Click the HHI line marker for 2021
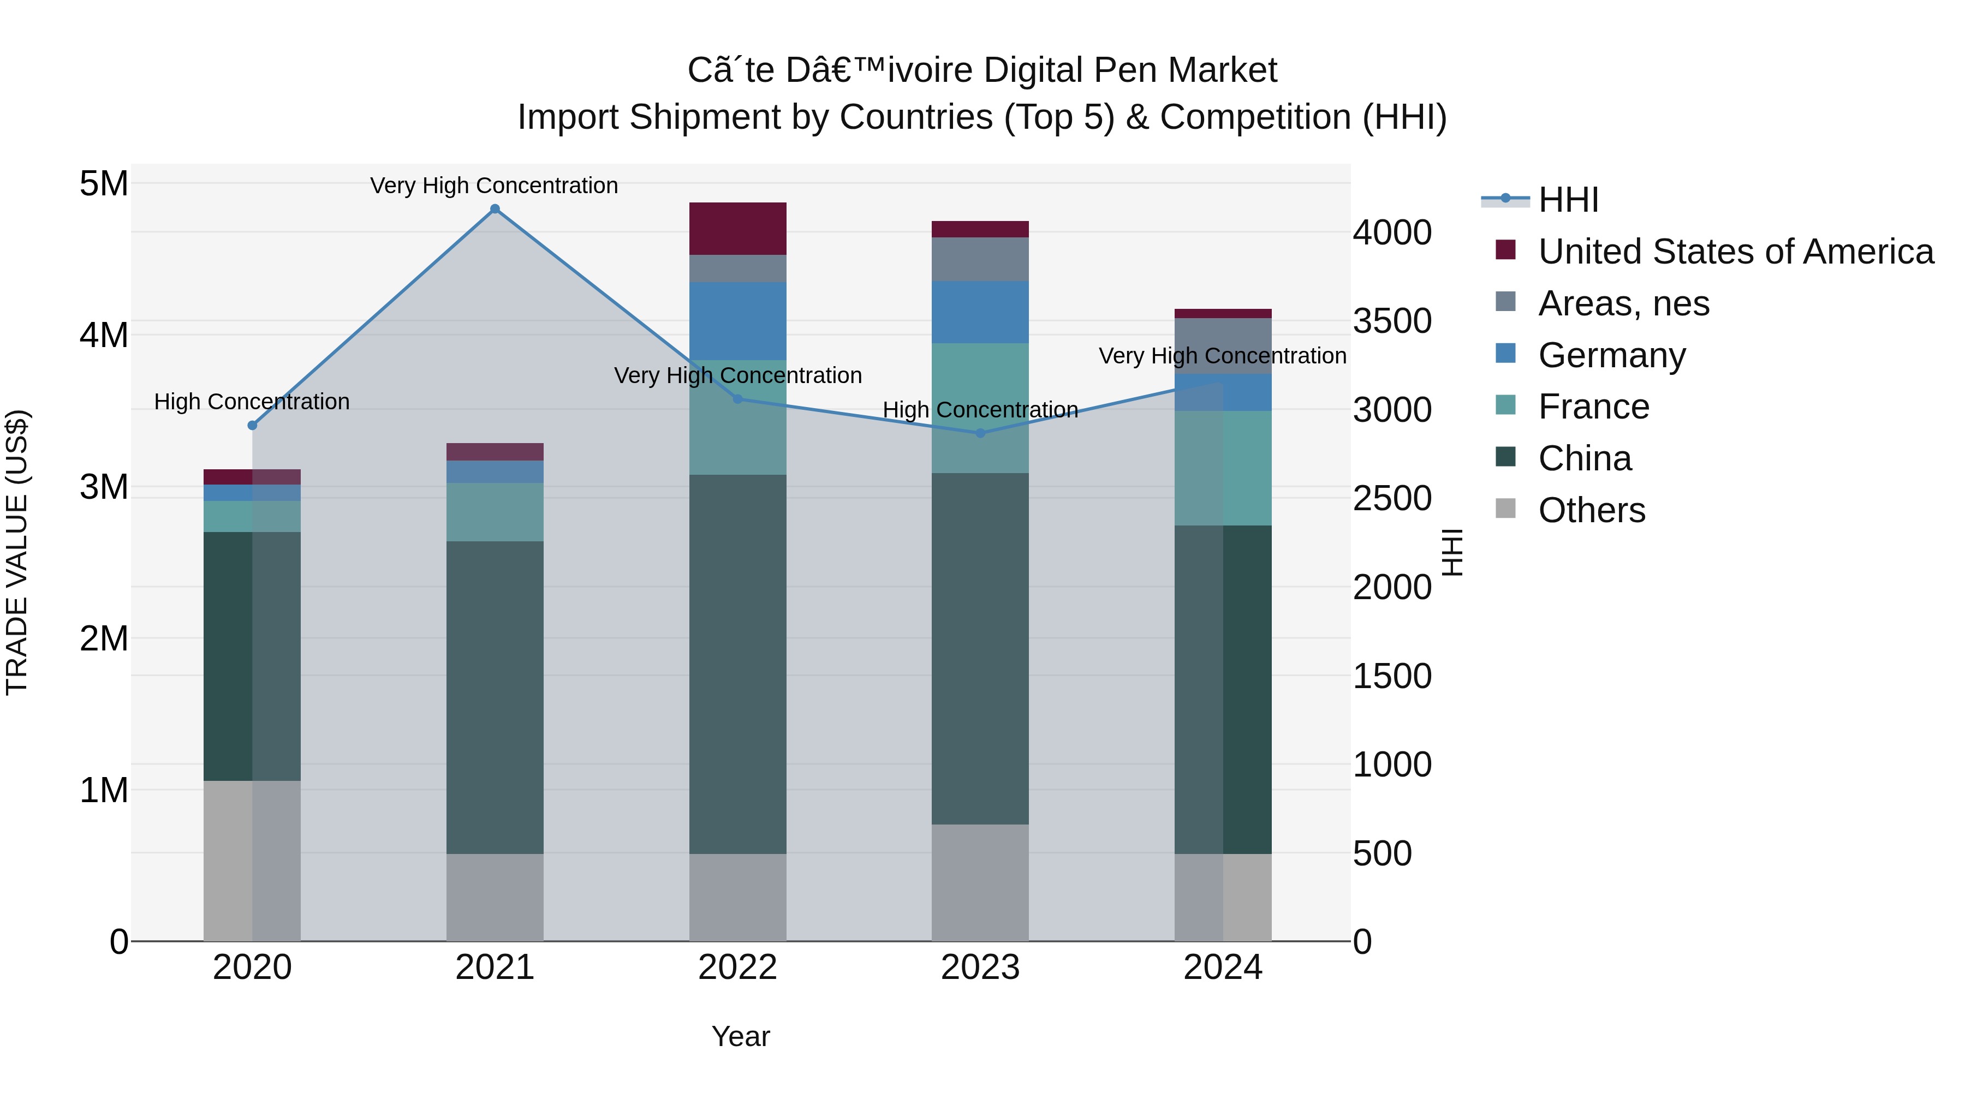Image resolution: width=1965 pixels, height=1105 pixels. pos(495,209)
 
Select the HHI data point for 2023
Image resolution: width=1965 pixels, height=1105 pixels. pos(980,433)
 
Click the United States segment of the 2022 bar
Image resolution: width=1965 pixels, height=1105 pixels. pos(737,229)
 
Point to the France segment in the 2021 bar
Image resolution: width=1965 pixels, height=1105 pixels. pos(495,512)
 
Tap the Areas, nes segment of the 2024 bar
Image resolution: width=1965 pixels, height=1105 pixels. pos(1222,345)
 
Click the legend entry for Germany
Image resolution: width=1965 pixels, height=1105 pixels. pos(1611,355)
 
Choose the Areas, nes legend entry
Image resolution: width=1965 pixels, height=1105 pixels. pos(1623,303)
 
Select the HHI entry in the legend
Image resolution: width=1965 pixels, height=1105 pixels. pos(1568,200)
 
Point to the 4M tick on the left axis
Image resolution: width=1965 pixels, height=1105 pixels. pos(104,336)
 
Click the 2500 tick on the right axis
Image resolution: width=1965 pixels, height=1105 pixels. pos(1391,499)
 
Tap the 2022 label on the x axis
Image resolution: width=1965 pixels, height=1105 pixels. pos(737,967)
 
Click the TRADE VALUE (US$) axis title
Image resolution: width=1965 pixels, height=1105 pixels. pos(17,552)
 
